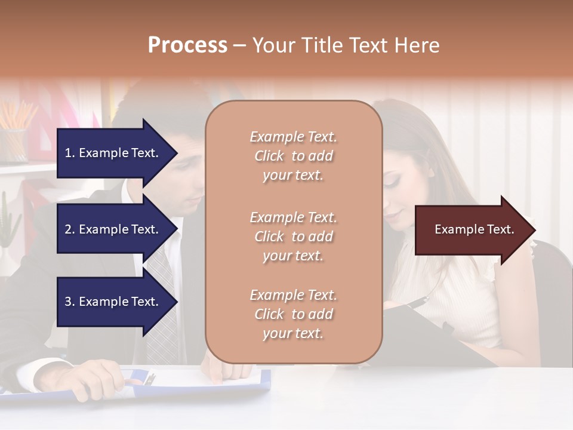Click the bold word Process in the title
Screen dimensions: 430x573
187,45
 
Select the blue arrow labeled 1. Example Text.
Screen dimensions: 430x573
113,153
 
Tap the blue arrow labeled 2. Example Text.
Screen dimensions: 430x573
113,229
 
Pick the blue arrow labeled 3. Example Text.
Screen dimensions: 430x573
113,302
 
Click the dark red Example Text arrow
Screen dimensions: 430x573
472,229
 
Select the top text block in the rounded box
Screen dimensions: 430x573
293,156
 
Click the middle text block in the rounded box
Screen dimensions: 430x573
293,236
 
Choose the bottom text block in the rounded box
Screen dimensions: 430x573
293,314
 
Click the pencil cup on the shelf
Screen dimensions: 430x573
14,143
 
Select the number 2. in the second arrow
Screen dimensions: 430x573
70,229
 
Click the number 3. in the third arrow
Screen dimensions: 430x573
70,302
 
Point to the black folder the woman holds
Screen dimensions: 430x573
442,334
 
